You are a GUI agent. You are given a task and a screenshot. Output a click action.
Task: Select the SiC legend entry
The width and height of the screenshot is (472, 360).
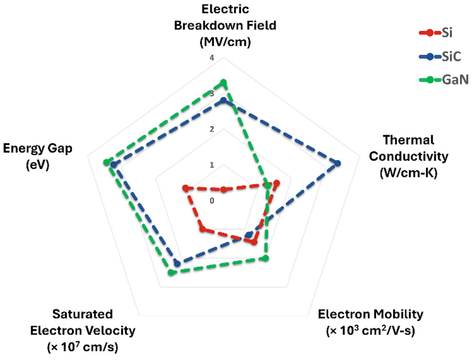[440, 56]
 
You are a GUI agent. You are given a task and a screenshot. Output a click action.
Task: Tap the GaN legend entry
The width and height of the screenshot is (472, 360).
[444, 80]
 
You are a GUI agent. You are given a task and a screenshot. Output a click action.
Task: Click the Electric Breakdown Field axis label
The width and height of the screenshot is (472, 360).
[225, 25]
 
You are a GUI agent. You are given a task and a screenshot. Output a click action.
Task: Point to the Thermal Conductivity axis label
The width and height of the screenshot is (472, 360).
[408, 157]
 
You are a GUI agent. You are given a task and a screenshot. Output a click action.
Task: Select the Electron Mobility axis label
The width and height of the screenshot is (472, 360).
[371, 322]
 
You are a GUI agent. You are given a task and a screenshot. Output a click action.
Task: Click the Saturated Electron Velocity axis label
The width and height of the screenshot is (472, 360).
[83, 330]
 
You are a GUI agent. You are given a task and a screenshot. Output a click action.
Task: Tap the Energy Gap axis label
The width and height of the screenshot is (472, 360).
[38, 157]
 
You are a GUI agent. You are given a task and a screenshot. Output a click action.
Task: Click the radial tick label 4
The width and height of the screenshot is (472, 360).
[212, 58]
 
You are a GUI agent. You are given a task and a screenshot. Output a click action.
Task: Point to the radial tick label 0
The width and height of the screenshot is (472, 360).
[212, 201]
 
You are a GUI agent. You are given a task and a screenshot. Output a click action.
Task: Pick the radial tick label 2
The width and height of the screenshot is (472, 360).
[212, 129]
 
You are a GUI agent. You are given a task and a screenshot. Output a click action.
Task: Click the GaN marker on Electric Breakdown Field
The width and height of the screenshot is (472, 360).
[223, 82]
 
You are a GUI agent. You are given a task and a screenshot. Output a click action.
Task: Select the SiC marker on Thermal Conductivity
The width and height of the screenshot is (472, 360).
[337, 163]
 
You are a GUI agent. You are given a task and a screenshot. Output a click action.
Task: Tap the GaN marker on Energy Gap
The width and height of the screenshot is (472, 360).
[106, 162]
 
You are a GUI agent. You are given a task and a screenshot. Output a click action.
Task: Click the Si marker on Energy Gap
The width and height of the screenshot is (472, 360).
[185, 188]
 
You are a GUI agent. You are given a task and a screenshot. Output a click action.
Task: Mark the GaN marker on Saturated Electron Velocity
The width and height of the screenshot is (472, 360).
[171, 273]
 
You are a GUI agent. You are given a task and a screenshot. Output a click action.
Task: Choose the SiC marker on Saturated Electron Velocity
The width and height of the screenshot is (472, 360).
[177, 264]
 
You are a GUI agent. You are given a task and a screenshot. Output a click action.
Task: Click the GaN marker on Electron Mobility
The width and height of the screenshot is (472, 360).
[265, 258]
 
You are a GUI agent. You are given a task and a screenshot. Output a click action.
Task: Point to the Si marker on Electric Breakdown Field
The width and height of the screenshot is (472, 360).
[223, 190]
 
